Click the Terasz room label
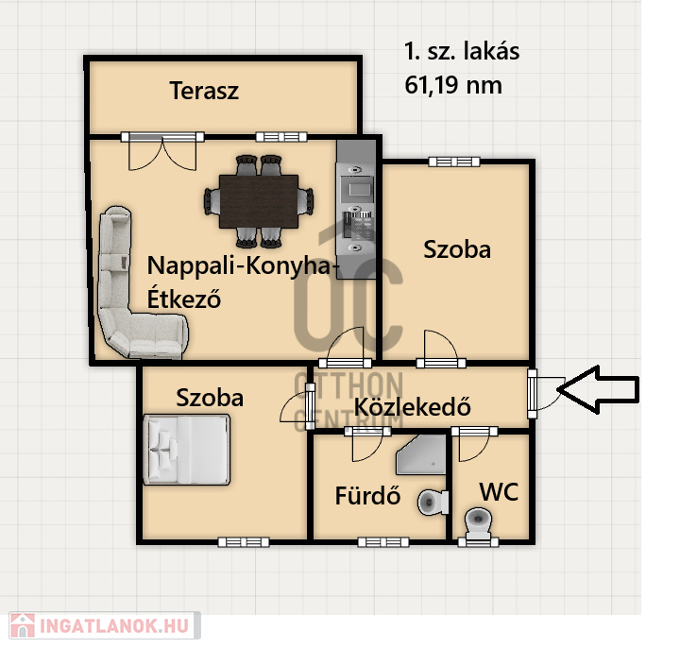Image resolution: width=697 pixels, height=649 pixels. tap(204, 91)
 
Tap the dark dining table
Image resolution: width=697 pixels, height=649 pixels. tap(258, 201)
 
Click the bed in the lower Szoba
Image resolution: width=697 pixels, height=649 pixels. tap(187, 450)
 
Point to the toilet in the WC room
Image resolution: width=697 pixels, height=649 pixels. tap(478, 523)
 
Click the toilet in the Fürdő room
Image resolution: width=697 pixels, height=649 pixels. tap(433, 503)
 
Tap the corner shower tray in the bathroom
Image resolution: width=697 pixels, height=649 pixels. tap(421, 454)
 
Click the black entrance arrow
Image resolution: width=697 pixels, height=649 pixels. tap(598, 389)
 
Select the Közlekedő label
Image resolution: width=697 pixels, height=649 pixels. tap(413, 407)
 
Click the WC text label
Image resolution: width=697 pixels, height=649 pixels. tap(499, 492)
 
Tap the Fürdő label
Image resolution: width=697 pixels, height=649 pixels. tap(367, 495)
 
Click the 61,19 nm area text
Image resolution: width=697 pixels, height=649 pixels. tap(453, 85)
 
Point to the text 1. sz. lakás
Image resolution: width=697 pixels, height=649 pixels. tap(462, 51)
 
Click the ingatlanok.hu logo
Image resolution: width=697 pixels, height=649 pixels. tap(105, 626)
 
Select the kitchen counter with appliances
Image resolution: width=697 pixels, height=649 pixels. tap(356, 209)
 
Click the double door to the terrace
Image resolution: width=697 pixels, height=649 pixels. tap(162, 151)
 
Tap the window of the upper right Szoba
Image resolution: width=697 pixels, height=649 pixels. tap(454, 162)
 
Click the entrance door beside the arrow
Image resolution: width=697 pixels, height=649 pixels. tap(546, 393)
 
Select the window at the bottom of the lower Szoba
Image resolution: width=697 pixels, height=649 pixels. tap(244, 542)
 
